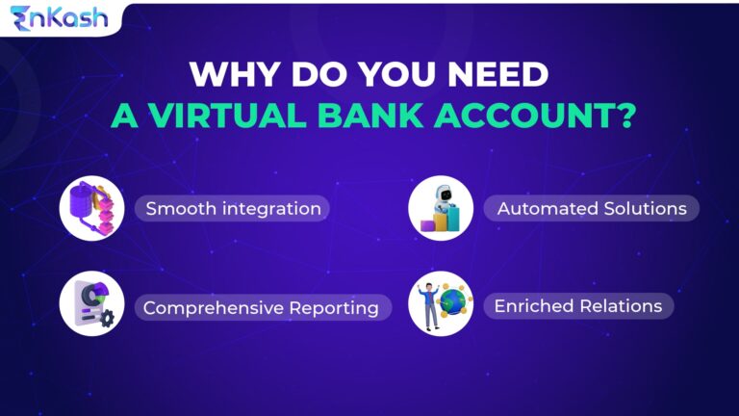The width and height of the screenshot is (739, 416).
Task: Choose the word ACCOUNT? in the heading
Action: pyautogui.click(x=544, y=115)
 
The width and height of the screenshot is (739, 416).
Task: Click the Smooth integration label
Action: pyautogui.click(x=233, y=208)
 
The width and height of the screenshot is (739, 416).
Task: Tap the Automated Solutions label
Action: pyautogui.click(x=591, y=208)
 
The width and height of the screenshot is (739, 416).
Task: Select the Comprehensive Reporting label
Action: pyautogui.click(x=261, y=308)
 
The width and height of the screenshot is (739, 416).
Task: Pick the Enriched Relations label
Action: pyautogui.click(x=577, y=306)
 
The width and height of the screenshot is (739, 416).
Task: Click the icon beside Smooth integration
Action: pyautogui.click(x=91, y=207)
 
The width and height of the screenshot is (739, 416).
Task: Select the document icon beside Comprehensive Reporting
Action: pyautogui.click(x=89, y=302)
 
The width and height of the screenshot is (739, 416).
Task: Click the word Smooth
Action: pyautogui.click(x=176, y=208)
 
